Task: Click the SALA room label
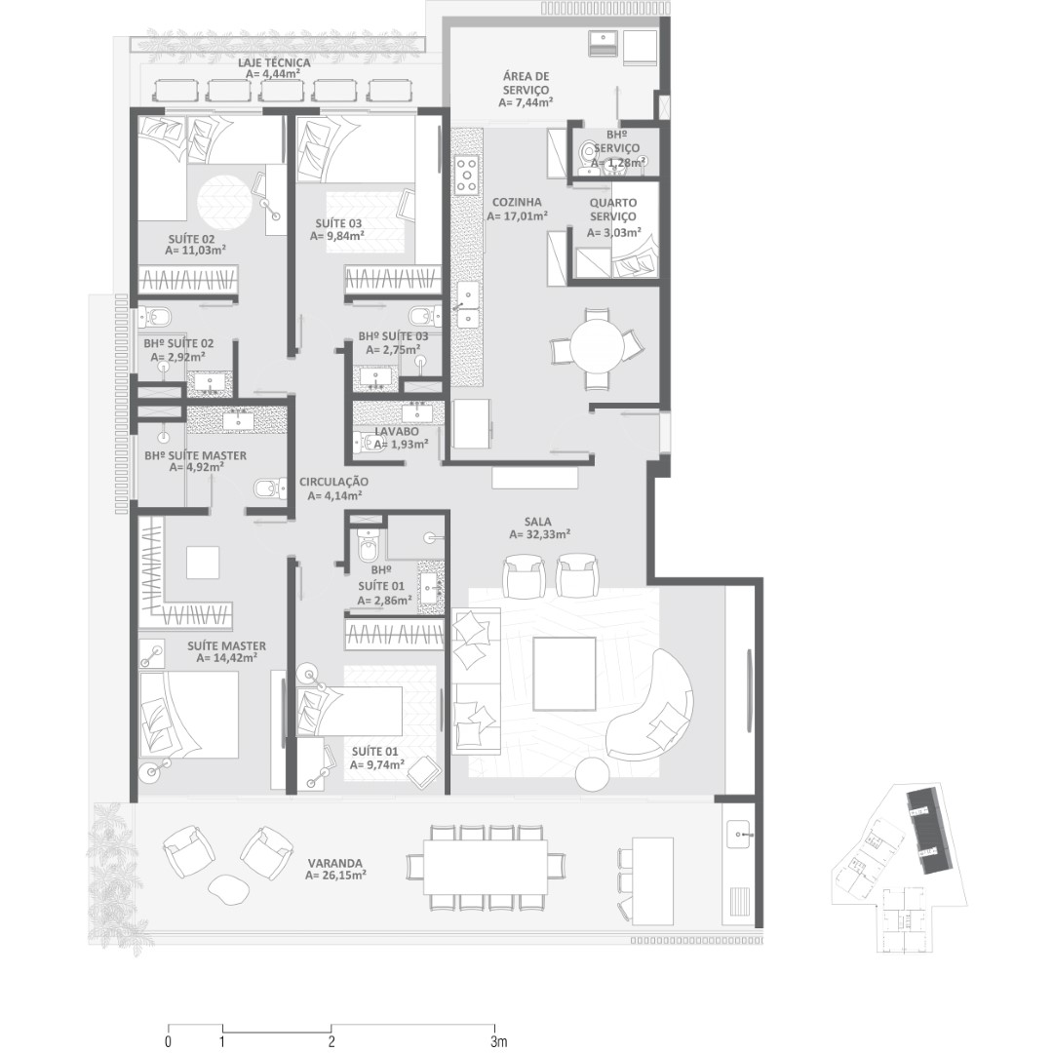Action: click(x=539, y=521)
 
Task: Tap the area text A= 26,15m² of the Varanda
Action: click(x=335, y=876)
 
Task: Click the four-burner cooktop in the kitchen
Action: click(x=467, y=174)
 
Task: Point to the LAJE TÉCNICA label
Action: click(x=274, y=62)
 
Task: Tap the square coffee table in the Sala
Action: click(x=565, y=674)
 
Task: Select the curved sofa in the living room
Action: click(x=651, y=705)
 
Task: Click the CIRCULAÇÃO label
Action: click(x=333, y=482)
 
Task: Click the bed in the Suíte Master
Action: click(x=189, y=716)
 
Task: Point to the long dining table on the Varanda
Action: click(x=487, y=867)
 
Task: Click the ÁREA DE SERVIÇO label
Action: click(x=526, y=83)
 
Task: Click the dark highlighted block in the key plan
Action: click(x=927, y=832)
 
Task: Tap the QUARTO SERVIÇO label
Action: click(x=612, y=210)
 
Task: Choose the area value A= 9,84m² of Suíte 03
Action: click(x=336, y=236)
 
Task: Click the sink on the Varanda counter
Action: click(x=742, y=834)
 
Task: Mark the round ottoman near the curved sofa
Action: click(x=593, y=774)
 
